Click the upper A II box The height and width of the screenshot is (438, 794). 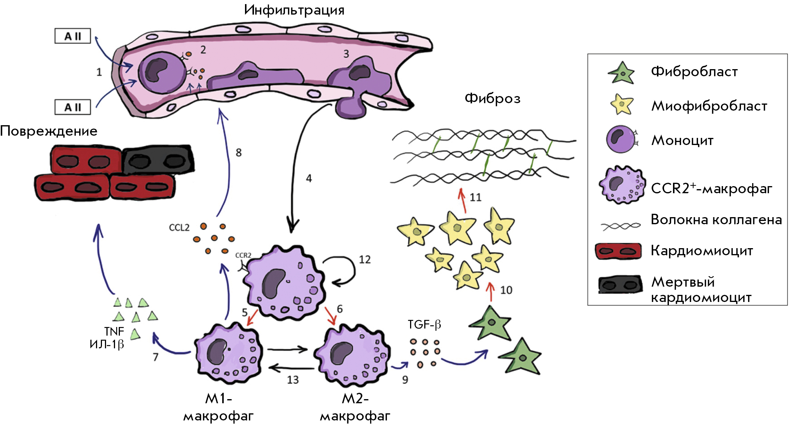[73, 36]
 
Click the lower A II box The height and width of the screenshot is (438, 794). [73, 107]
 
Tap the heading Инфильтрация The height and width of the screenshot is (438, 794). [294, 10]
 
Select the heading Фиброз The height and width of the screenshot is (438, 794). [492, 98]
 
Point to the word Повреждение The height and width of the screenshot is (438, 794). [49, 131]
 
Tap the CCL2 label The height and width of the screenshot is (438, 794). [179, 228]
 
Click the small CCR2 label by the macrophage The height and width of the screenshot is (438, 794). [243, 255]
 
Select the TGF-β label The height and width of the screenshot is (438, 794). [424, 324]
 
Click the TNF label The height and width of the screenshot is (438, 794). [114, 331]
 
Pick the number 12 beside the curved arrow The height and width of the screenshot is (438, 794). [365, 259]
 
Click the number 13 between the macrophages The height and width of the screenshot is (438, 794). [293, 380]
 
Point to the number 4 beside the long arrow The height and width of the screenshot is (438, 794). [309, 178]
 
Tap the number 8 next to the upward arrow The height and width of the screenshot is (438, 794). [239, 152]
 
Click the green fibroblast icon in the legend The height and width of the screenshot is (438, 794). [621, 73]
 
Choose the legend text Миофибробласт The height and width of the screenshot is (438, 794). [709, 106]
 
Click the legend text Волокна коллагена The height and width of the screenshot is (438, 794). [716, 219]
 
